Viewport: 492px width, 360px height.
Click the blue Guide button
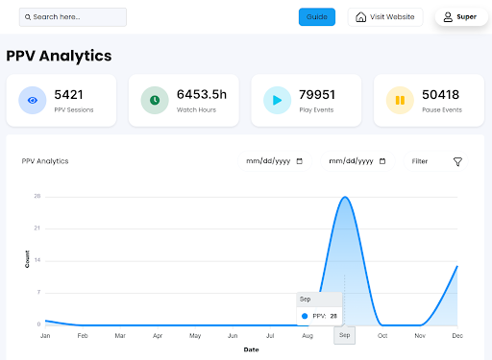317,17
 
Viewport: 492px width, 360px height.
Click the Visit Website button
384,17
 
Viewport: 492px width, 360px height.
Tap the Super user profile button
459,17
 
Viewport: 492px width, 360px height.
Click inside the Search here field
73,17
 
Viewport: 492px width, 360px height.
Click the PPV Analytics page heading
59,56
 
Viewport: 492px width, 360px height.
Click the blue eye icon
33,100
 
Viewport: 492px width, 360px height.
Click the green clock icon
155,100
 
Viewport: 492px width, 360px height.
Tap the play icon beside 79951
278,100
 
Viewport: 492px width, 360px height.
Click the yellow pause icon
400,100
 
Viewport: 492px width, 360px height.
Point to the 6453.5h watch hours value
201,94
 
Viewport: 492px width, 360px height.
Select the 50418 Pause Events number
441,94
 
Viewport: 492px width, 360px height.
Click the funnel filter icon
457,161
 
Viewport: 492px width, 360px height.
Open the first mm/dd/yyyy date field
275,161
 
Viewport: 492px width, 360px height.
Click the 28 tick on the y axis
37,196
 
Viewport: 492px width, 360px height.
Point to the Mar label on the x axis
120,336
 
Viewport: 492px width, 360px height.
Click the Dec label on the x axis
457,336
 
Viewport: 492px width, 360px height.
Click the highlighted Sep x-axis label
344,335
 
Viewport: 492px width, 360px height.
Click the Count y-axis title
27,258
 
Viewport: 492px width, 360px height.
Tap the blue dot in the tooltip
305,316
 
